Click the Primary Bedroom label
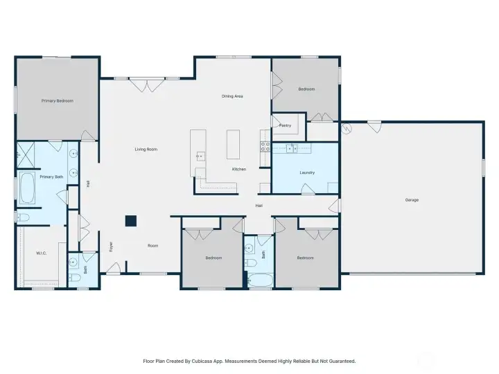[58, 101]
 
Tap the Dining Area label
[232, 96]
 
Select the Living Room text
[146, 149]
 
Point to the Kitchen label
[239, 169]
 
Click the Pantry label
[285, 125]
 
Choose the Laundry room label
[307, 172]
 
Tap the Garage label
[412, 199]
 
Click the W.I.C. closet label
[42, 253]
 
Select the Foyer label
[111, 247]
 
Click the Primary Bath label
[51, 177]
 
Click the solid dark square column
[131, 221]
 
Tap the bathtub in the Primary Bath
[27, 188]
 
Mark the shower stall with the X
[26, 155]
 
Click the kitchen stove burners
[265, 147]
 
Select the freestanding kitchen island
[234, 144]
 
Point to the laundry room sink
[292, 148]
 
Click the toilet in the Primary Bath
[22, 217]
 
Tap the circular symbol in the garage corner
[346, 128]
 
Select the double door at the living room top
[147, 85]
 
